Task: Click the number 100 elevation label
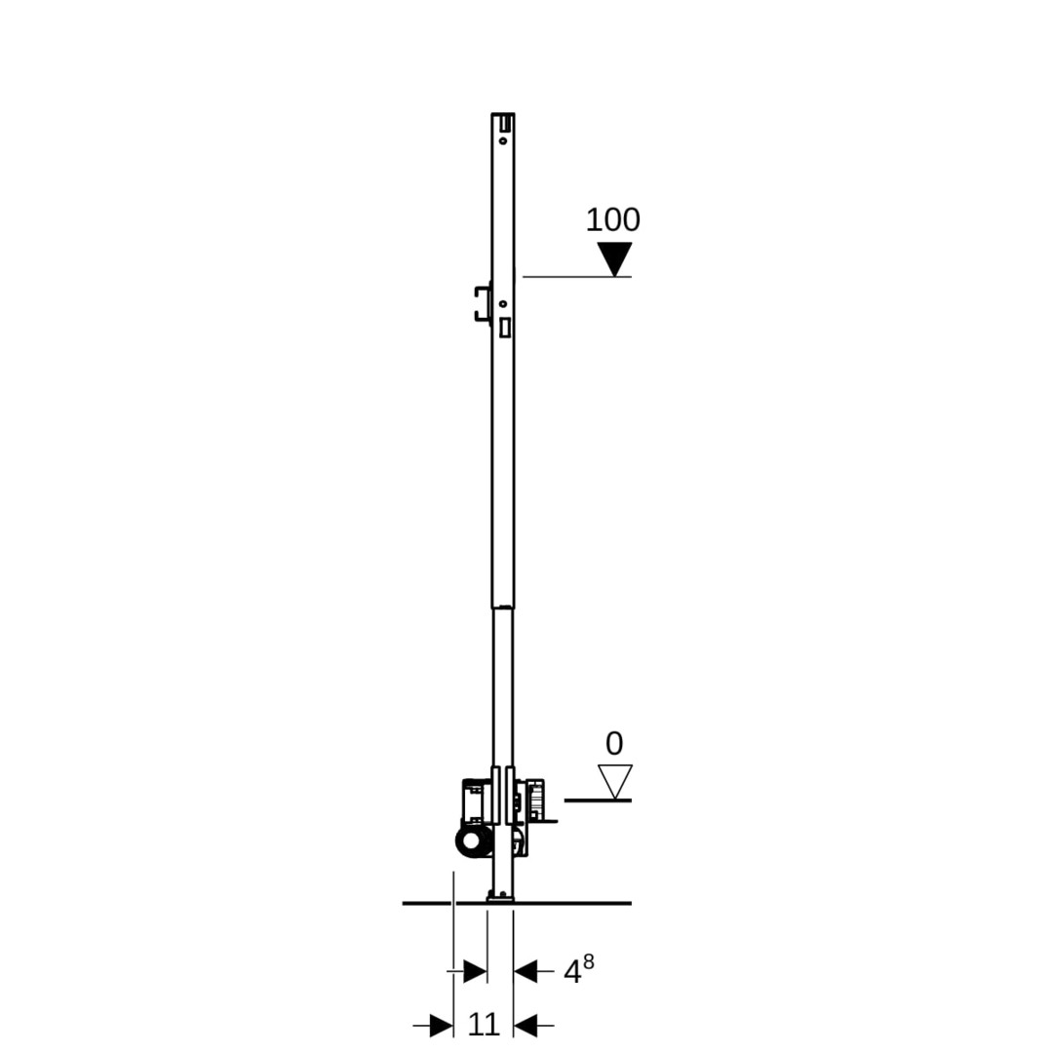[612, 219]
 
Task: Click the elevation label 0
[614, 744]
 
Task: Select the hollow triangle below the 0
[615, 782]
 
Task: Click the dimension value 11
[484, 1025]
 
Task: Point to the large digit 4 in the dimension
[572, 972]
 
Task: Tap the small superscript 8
[588, 961]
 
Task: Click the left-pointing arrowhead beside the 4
[526, 971]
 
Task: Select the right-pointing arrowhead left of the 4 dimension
[475, 971]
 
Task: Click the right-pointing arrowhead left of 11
[442, 1026]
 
